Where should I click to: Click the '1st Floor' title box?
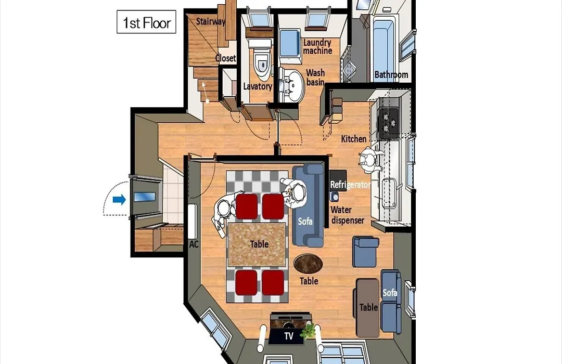click(x=146, y=22)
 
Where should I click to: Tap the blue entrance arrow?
click(x=119, y=200)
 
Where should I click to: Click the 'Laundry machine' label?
click(x=317, y=47)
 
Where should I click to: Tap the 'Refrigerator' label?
click(x=350, y=185)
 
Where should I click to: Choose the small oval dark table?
click(x=308, y=264)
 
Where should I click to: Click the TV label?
click(x=288, y=336)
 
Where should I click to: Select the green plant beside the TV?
click(x=309, y=331)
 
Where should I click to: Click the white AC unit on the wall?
click(x=192, y=222)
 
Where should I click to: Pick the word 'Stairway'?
click(x=211, y=21)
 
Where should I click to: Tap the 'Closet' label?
click(x=225, y=58)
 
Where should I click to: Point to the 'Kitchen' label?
click(x=354, y=139)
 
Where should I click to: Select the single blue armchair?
click(x=365, y=252)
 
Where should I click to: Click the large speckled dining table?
click(x=257, y=245)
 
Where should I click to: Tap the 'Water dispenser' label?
click(x=347, y=215)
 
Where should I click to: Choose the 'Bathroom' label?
click(x=391, y=75)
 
